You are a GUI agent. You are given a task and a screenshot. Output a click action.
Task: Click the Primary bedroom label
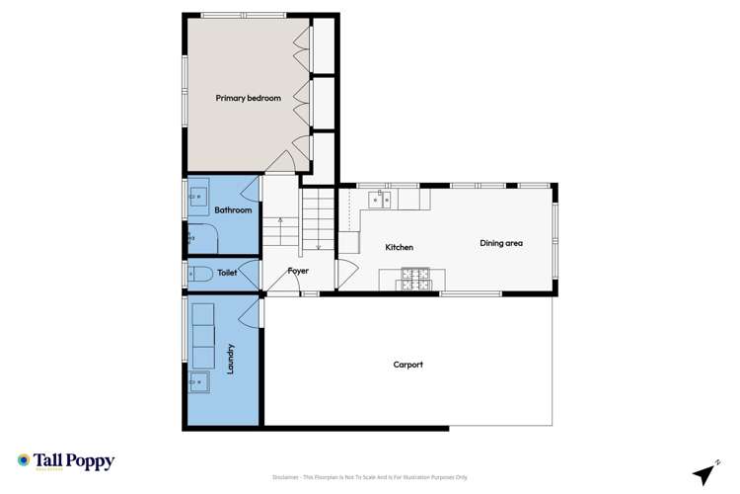(249, 98)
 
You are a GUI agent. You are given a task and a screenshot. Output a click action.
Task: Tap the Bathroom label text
(234, 209)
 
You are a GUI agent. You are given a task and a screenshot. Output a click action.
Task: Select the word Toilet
(227, 271)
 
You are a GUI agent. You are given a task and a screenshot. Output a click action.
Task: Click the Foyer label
(298, 270)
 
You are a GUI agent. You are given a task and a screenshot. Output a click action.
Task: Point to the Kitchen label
(399, 247)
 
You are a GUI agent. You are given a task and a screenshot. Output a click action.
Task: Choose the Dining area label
(501, 243)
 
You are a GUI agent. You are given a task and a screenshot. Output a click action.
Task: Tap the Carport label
(407, 365)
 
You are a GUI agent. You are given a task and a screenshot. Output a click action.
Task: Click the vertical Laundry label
(230, 359)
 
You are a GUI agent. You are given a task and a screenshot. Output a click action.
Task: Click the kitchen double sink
(381, 201)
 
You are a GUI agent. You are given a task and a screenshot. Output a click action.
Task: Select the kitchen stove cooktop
(414, 280)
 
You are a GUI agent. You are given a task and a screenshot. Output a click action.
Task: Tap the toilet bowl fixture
(196, 274)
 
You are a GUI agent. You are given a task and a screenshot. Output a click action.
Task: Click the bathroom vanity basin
(197, 196)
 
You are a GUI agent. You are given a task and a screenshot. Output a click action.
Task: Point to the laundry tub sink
(197, 380)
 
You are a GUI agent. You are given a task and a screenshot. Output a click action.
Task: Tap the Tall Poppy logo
(66, 461)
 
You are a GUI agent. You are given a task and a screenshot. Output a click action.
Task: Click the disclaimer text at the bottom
(369, 476)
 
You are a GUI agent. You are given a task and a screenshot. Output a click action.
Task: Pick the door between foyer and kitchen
(342, 274)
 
